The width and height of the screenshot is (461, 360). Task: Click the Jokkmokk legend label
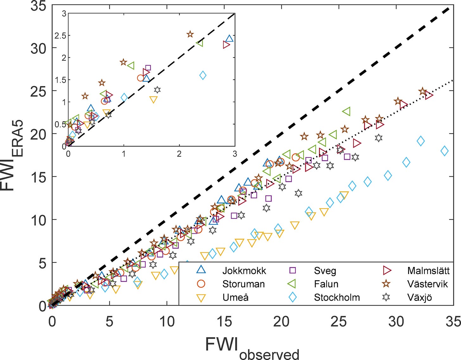244,271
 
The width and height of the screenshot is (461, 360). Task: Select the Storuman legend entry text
243,284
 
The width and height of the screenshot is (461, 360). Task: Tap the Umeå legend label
235,298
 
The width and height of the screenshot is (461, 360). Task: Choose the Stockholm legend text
337,298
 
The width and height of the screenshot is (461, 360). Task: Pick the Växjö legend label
420,298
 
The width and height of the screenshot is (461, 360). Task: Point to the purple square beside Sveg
293,270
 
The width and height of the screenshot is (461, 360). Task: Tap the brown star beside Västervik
386,284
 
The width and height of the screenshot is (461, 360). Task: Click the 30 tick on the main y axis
38,48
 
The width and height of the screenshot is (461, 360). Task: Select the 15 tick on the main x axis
224,321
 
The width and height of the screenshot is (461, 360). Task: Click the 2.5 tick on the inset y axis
60,36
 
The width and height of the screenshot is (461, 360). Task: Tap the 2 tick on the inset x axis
179,154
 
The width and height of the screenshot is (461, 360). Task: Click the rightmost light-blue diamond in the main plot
445,151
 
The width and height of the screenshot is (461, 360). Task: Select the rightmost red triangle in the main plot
429,95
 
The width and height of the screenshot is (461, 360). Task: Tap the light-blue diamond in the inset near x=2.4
203,75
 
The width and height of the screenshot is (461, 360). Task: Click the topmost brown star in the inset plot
190,34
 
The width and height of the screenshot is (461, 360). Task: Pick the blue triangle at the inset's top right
230,39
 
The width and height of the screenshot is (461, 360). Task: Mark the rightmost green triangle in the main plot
346,111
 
